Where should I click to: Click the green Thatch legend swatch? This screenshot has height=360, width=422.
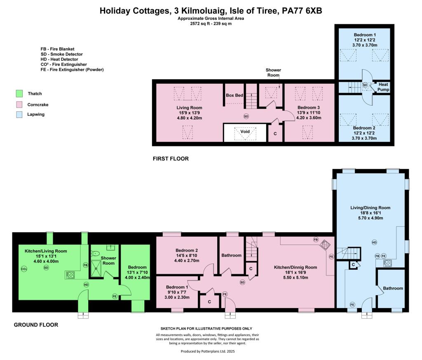19,94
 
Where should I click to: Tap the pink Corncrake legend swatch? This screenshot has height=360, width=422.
19,104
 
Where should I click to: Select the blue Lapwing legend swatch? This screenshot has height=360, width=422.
19,115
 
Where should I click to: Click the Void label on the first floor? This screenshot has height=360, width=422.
245,132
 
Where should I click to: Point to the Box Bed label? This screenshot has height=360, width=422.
234,95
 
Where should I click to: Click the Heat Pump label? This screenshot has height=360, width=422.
383,87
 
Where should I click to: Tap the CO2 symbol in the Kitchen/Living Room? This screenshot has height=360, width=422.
24,269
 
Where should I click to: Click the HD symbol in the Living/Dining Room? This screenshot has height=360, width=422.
374,242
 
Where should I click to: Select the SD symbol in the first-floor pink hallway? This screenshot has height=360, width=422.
246,116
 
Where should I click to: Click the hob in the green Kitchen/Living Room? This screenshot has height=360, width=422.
70,275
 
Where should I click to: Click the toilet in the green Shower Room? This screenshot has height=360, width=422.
95,253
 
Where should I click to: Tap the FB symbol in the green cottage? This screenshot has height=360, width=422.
86,265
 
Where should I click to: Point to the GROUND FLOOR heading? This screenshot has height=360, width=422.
36,325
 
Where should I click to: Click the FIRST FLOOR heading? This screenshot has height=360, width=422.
171,159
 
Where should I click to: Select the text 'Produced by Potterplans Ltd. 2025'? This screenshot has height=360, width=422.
208,351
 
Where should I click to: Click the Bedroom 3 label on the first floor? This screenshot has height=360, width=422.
309,108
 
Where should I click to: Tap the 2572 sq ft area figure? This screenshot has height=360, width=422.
200,24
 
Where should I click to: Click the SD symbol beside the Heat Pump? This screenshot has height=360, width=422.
365,85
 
